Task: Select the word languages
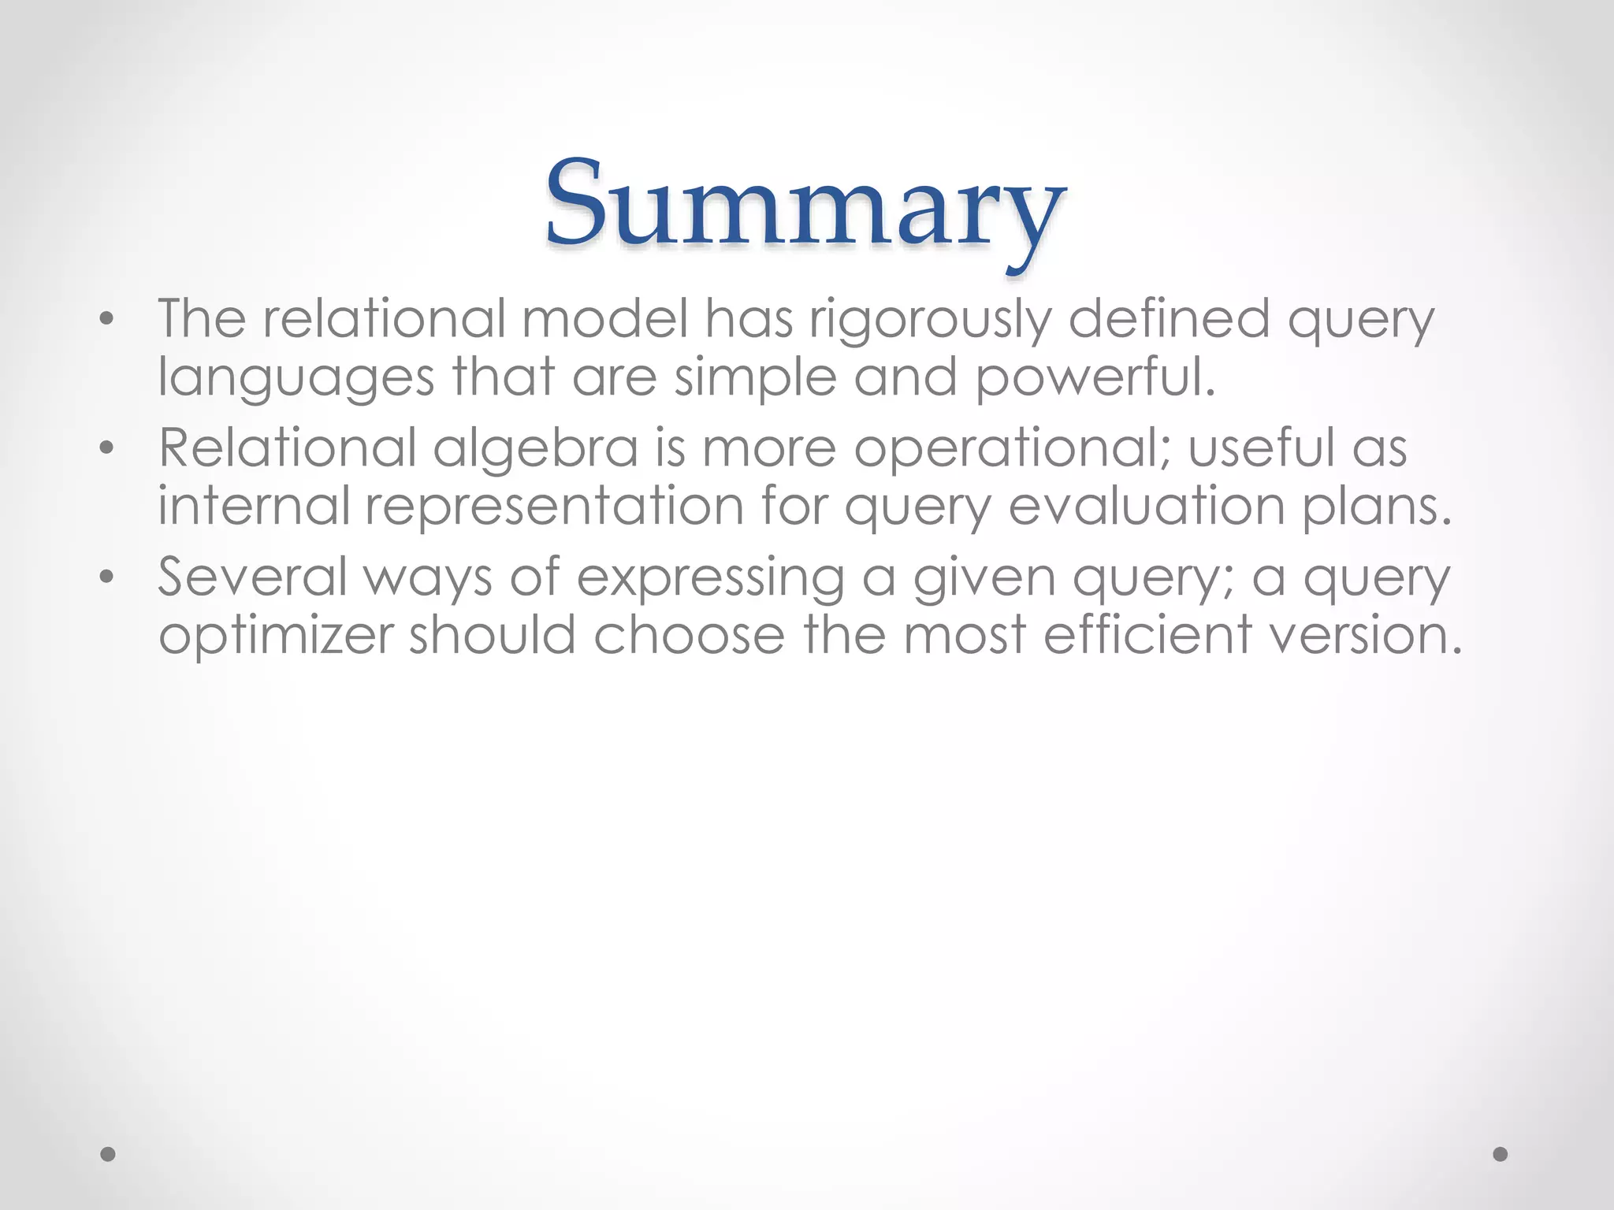296,378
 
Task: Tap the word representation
555,506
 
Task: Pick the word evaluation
1147,506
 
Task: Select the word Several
252,577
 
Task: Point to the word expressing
711,578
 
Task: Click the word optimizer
275,636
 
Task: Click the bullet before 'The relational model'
107,320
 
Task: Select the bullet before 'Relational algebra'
107,448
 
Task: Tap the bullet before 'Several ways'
107,577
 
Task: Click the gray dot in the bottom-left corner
108,1154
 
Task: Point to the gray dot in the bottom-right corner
1501,1154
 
